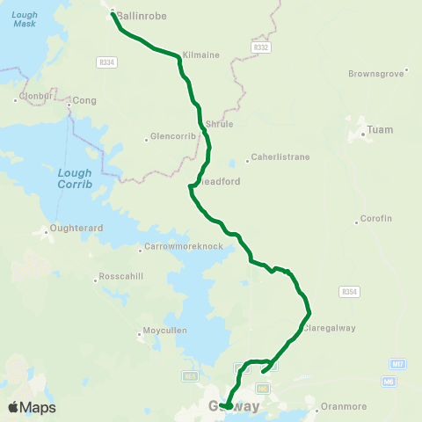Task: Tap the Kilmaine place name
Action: point(201,55)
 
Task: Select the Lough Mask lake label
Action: point(25,18)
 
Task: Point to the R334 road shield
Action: point(107,62)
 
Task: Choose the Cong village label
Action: point(84,101)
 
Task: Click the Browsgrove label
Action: point(376,74)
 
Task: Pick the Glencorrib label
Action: point(170,136)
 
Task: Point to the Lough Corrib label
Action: point(75,178)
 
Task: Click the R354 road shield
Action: point(350,291)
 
